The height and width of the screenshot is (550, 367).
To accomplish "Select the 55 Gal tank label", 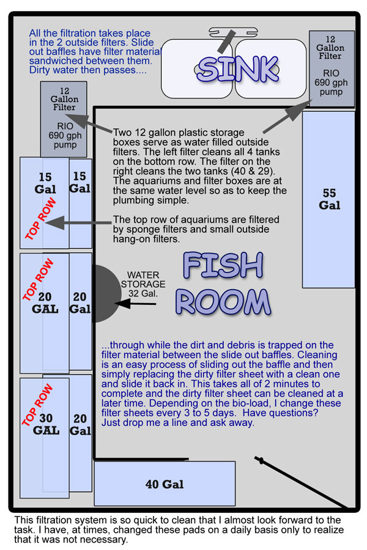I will [329, 199].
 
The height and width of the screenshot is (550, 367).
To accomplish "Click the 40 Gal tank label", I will [165, 485].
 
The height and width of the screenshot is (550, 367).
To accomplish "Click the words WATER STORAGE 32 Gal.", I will [146, 284].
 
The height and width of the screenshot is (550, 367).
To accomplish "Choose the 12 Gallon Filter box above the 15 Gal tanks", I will [63, 118].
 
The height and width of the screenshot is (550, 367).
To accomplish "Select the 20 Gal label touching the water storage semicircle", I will [80, 302].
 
